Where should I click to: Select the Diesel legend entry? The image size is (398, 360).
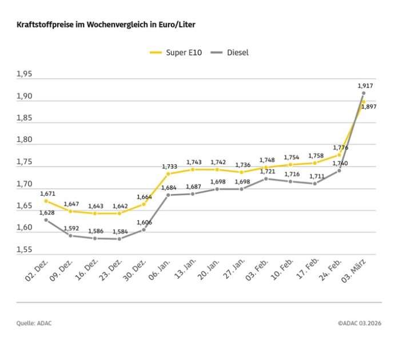[x=229, y=53]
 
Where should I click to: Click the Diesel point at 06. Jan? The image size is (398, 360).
[x=168, y=195]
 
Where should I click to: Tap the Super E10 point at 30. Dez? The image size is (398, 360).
[x=144, y=204]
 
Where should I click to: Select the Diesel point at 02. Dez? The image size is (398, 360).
[x=46, y=220]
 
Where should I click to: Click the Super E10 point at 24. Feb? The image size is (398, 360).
[x=339, y=155]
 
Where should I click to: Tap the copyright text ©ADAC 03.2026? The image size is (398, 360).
[x=359, y=323]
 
